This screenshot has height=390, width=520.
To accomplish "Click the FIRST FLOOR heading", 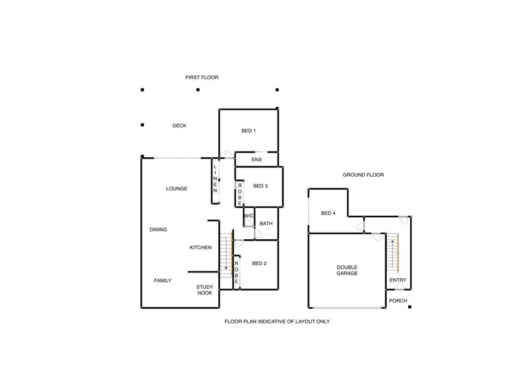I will pos(201,77).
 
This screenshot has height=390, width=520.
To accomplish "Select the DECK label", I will pos(179,125).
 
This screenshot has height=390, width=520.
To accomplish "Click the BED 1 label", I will pos(248,131).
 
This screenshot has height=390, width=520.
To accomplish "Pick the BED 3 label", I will pos(260,186).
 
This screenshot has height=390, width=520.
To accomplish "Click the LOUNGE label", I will pos(176,188).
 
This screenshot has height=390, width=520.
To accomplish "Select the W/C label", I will pos(248,216).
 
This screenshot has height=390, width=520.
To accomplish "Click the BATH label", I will pos(266,224).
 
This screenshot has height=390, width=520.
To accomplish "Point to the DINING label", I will pos(158,229).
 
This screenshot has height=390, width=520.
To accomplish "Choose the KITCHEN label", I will pos(200,248).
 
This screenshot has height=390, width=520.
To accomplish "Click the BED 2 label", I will pos(259,263).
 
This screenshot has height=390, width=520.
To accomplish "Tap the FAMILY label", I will pos(162,280).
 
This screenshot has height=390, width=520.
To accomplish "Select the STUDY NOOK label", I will pos(205,290).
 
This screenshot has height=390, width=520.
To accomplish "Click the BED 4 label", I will pos(328,213).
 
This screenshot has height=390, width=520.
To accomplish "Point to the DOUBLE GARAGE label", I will pos(348,270).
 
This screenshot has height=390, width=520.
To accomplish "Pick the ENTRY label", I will pos(398,281).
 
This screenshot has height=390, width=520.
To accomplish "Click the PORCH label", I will pos(397,301).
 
